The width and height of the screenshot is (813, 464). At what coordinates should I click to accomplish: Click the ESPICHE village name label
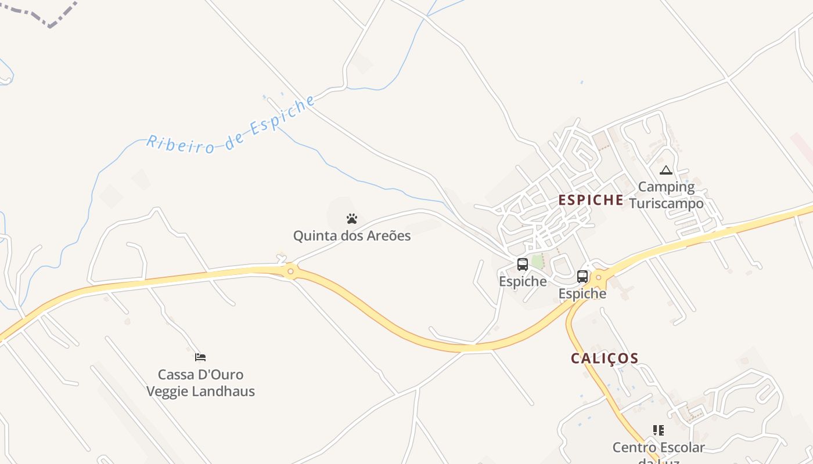(x=591, y=201)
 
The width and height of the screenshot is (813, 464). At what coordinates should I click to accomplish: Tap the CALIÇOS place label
(x=605, y=358)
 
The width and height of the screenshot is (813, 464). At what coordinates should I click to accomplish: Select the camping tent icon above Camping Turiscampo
(x=665, y=171)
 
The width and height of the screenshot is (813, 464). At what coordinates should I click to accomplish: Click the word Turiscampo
(x=666, y=204)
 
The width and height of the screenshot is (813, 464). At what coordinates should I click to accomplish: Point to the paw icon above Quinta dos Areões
(x=352, y=219)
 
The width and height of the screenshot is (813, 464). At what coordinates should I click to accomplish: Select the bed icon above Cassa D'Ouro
(x=200, y=357)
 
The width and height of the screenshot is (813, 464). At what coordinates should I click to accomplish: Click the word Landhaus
(x=228, y=391)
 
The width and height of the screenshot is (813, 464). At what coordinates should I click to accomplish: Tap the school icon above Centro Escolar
(x=658, y=430)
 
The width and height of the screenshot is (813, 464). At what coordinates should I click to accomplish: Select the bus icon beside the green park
(x=523, y=264)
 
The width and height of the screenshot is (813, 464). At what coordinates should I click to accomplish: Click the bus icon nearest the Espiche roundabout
(x=582, y=277)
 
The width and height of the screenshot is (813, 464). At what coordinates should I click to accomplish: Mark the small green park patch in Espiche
(x=537, y=261)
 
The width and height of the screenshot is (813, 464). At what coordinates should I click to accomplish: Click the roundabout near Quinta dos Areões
(x=290, y=271)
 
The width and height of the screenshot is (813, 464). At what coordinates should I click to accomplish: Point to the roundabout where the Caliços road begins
(x=600, y=280)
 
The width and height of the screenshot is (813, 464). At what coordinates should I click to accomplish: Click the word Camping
(x=666, y=187)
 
